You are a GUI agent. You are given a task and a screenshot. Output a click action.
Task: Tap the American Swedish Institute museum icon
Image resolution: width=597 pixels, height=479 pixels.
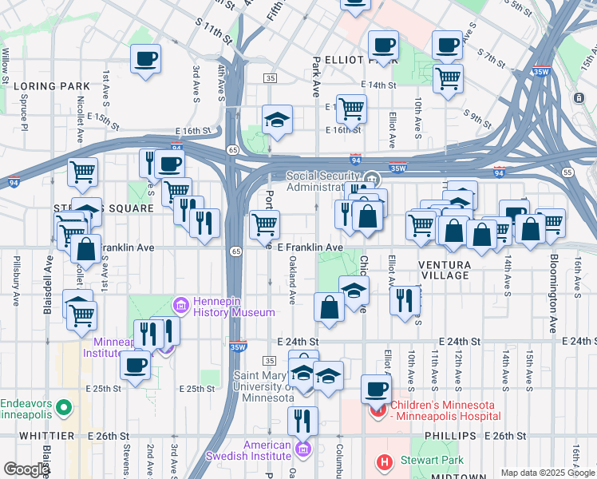tap(302, 449)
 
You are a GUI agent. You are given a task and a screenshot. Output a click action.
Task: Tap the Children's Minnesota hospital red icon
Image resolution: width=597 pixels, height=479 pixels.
tap(378, 410)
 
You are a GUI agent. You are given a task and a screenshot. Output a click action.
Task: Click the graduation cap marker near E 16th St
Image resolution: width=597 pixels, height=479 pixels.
tap(277, 120)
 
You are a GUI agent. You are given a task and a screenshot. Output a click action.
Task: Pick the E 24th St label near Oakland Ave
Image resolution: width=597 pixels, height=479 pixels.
tap(298, 341)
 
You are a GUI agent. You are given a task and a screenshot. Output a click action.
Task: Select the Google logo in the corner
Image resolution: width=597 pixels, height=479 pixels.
tap(26, 469)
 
